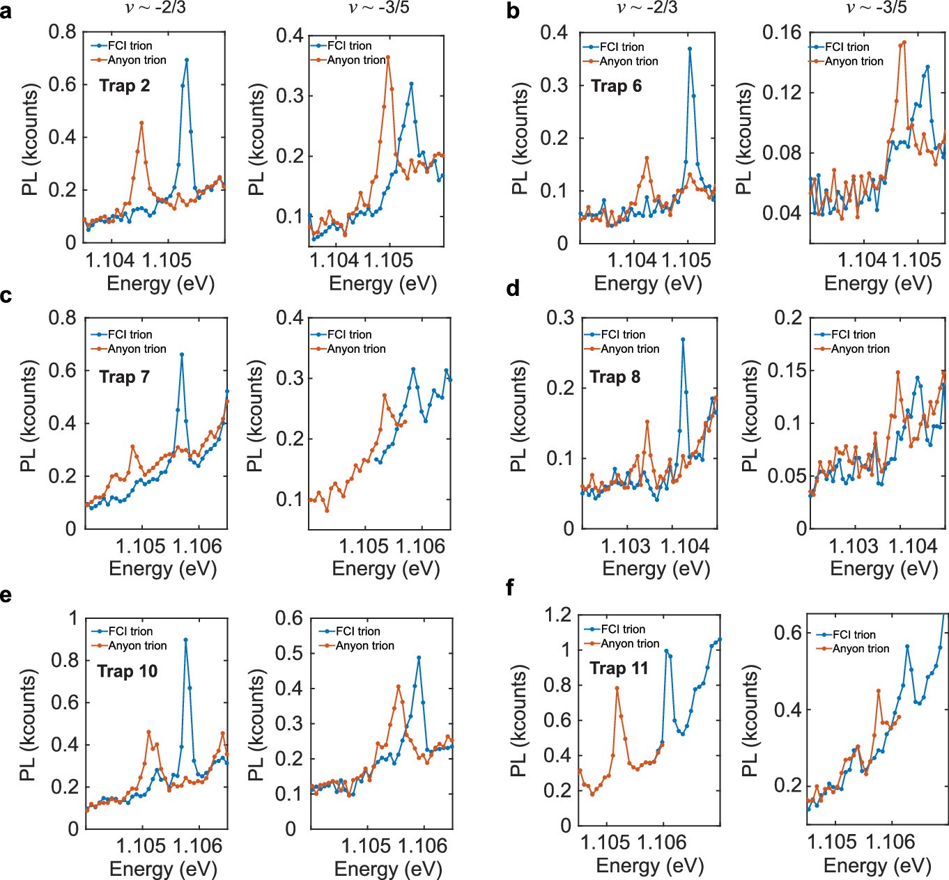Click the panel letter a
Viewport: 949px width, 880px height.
coord(6,13)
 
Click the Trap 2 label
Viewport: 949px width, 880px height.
coord(125,86)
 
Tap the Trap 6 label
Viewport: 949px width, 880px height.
coord(616,86)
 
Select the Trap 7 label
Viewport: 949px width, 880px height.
coord(125,377)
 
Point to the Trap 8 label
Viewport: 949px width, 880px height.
coord(615,377)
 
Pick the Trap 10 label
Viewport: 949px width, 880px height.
coord(128,671)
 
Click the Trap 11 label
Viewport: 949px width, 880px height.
coord(619,668)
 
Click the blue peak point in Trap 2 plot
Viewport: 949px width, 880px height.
coord(187,60)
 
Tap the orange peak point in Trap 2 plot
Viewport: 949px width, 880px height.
coord(141,123)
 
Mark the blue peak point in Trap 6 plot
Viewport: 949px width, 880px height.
coord(690,49)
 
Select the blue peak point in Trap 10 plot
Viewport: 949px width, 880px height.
coord(185,639)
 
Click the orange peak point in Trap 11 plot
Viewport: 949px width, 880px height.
coord(617,688)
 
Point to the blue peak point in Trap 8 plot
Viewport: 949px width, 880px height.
coord(683,339)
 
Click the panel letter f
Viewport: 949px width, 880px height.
coord(510,588)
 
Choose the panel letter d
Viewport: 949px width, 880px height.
coord(513,288)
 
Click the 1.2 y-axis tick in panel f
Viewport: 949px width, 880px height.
coord(557,615)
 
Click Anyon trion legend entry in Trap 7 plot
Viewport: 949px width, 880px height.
coord(137,349)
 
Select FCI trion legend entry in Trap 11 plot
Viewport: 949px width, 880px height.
coord(622,629)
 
